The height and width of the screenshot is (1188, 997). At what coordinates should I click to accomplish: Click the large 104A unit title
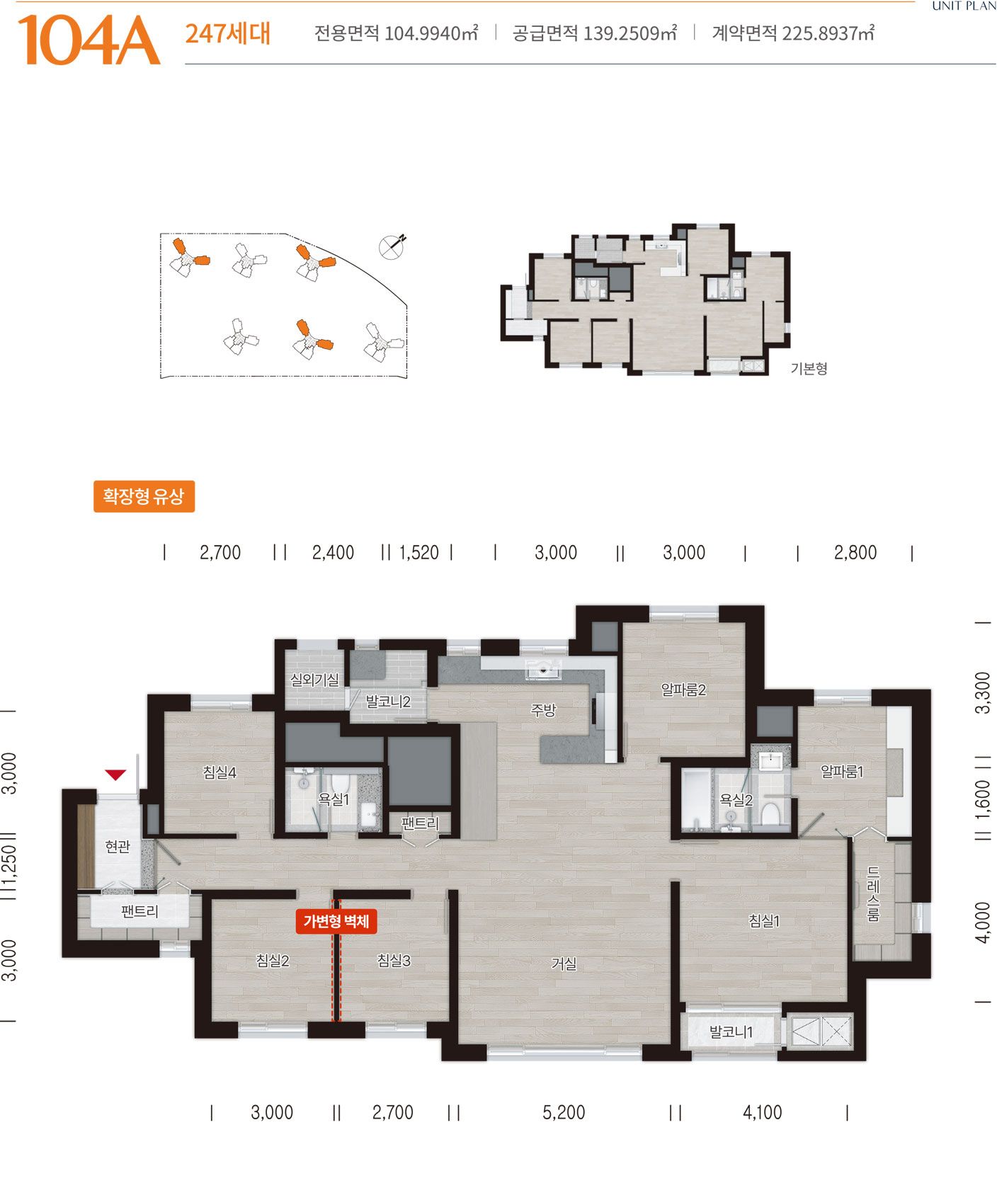[x=89, y=40]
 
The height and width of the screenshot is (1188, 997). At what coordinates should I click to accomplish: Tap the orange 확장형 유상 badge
[x=144, y=496]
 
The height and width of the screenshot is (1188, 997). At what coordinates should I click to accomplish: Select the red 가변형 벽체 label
[x=336, y=921]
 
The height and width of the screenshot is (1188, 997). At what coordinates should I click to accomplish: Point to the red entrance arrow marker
[x=115, y=775]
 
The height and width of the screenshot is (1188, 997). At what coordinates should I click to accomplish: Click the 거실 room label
[x=564, y=964]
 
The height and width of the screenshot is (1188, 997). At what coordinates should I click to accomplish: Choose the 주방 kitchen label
[x=544, y=710]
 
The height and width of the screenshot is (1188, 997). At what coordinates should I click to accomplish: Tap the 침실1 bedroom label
[x=764, y=921]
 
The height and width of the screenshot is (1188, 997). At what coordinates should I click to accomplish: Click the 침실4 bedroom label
[x=220, y=772]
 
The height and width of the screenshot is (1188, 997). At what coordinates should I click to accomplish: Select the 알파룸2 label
[x=683, y=689]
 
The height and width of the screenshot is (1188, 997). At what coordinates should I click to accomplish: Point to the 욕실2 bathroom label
[x=736, y=800]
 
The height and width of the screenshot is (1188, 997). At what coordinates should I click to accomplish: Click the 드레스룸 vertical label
[x=873, y=893]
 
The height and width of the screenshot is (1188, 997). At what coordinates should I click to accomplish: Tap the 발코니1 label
[x=731, y=1032]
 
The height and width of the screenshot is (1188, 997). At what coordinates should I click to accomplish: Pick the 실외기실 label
[x=314, y=679]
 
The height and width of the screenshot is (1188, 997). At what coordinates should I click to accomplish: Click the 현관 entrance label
[x=118, y=846]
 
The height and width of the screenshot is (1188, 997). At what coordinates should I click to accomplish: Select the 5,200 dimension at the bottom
[x=564, y=1112]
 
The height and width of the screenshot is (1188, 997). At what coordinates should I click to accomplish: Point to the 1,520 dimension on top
[x=419, y=552]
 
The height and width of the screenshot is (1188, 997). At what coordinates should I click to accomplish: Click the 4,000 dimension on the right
[x=983, y=922]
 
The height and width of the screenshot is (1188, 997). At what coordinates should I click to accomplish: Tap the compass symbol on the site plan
[x=392, y=246]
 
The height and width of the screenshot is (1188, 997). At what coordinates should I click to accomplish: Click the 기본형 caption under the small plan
[x=809, y=368]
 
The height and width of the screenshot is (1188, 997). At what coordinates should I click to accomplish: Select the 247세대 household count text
[x=227, y=33]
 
